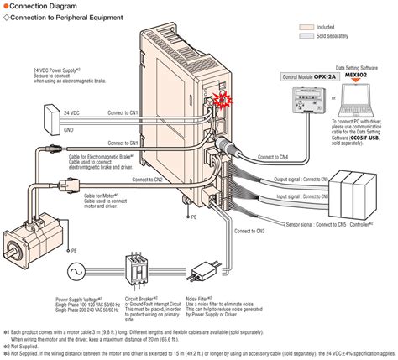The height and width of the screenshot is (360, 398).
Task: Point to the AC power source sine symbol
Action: (x=72, y=272)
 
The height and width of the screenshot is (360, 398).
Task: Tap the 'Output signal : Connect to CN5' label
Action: (x=279, y=178)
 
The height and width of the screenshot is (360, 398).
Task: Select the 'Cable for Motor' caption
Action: (x=100, y=196)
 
